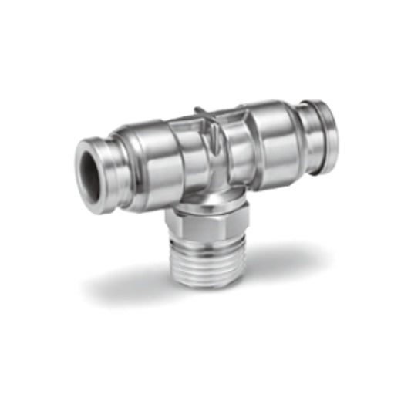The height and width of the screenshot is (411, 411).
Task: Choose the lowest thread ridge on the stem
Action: tap(207, 278)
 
